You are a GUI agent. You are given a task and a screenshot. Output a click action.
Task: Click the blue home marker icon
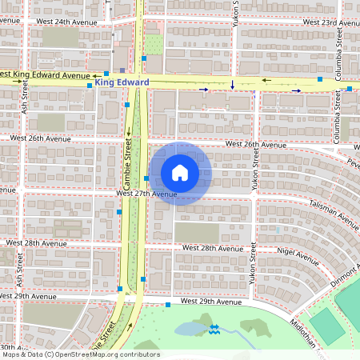click(180, 173)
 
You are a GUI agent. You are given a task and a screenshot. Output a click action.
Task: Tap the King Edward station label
click(122, 82)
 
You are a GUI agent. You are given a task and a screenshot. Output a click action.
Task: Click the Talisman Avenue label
click(335, 210)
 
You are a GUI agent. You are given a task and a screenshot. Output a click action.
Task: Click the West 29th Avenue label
click(210, 302)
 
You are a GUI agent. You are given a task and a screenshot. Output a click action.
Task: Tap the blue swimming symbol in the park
click(214, 328)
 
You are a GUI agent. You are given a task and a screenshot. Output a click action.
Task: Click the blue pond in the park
click(189, 328)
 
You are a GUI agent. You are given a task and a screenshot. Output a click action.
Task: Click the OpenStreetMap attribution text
click(80, 354)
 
